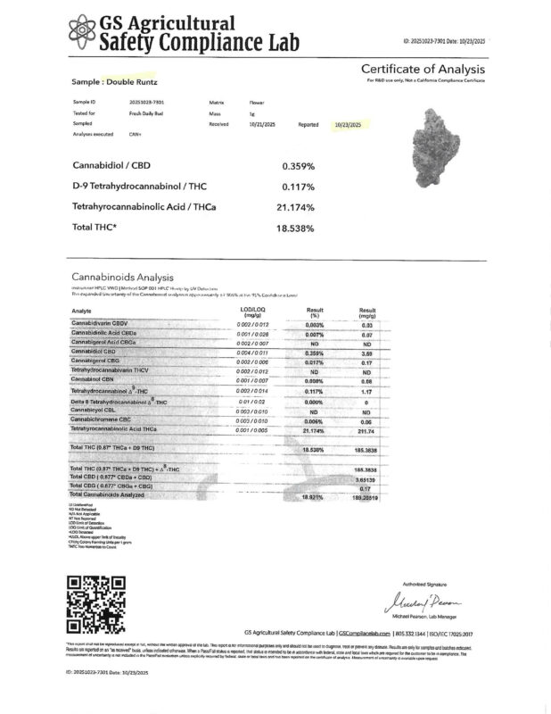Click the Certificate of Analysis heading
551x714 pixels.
(x=422, y=70)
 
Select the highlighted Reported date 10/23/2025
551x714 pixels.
(x=347, y=125)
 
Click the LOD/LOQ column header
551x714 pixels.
(x=254, y=311)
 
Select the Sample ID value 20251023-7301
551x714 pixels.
(x=147, y=102)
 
